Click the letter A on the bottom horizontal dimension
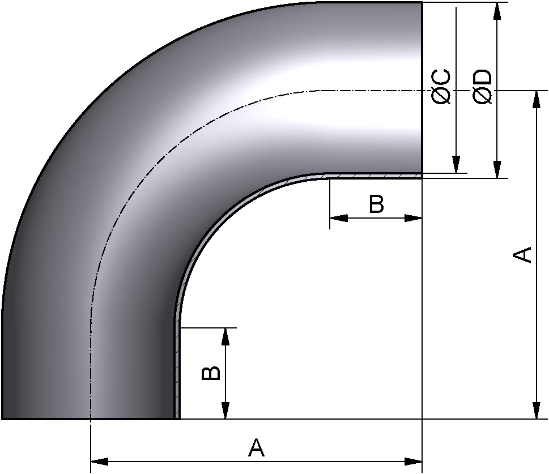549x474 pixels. coord(256,448)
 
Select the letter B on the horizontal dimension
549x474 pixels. coord(376,204)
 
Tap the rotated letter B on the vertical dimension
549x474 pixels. coord(211,373)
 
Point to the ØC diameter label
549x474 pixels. coord(441,87)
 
